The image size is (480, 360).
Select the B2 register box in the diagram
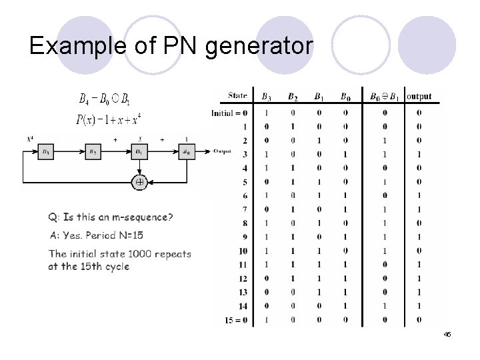pos(93,151)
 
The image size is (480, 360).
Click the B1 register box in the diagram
pos(139,151)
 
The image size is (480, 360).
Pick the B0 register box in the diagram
pos(186,151)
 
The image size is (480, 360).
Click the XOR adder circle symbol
pos(139,181)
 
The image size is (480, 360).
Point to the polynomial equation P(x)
pos(109,120)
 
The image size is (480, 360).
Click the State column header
pos(237,96)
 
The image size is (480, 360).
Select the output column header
pos(419,96)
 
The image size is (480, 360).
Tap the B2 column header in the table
pos(293,96)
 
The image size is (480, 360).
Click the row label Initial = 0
pos(229,113)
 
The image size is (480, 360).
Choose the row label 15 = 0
pos(237,320)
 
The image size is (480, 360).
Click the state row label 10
pos(243,251)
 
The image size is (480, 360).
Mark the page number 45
pos(447,334)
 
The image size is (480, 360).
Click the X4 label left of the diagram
pos(30,139)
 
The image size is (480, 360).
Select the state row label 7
pos(245,209)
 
